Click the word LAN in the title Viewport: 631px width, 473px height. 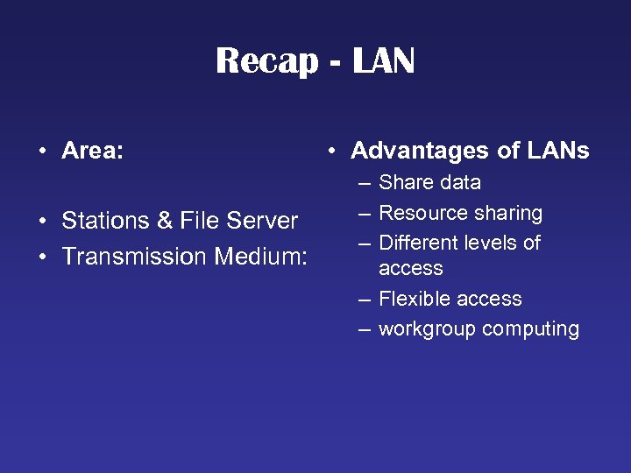[384, 61]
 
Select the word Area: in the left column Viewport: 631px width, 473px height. [92, 151]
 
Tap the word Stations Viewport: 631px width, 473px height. [110, 221]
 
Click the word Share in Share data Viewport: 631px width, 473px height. [406, 183]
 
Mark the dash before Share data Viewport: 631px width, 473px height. [363, 183]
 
